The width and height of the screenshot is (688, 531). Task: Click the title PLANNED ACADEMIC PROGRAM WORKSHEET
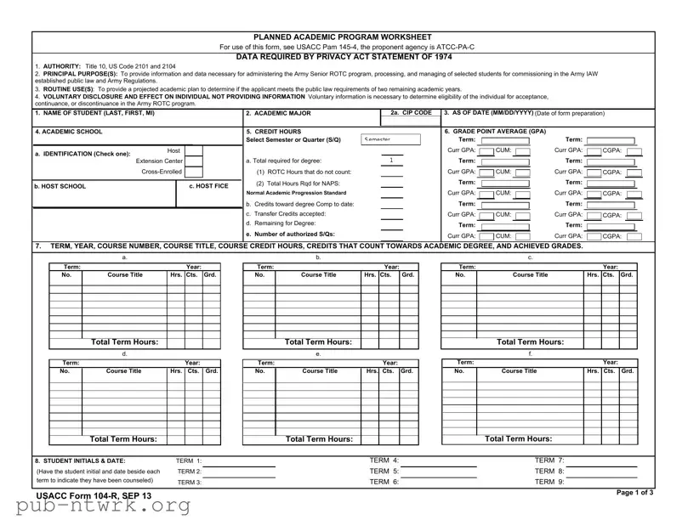coord(344,37)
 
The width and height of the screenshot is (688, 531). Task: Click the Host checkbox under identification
coord(194,150)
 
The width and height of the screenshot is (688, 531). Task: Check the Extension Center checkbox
coord(194,161)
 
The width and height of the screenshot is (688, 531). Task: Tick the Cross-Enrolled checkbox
coord(194,172)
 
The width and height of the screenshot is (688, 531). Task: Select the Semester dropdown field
coord(390,139)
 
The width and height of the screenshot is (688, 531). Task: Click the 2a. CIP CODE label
coord(412,113)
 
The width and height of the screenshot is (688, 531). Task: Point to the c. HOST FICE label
coord(208,186)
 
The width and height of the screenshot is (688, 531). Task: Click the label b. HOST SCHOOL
coord(60,186)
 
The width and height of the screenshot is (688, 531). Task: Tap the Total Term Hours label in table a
coord(124,342)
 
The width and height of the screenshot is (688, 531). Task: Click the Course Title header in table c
coord(531,274)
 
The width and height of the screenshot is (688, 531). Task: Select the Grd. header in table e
coord(407,371)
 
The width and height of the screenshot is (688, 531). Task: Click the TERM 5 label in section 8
coord(384,471)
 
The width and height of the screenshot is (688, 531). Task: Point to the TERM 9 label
coord(549,482)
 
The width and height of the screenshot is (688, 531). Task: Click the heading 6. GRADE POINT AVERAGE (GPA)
coord(495,132)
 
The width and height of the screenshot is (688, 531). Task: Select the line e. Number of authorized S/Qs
coord(290,234)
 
